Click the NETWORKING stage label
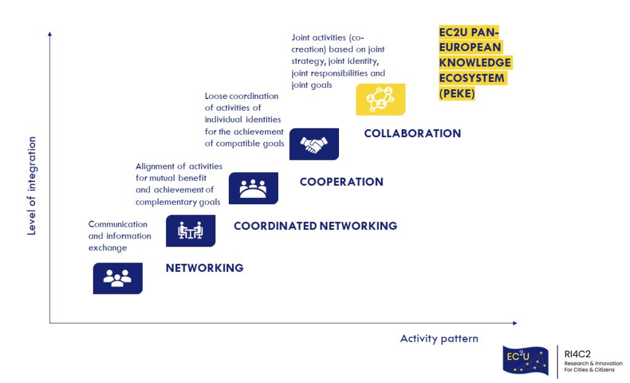204,268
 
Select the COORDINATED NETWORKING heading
315,226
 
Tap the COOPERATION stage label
341,182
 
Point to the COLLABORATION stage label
412,133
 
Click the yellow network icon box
380,99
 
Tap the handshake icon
314,144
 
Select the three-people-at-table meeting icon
253,188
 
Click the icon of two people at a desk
191,231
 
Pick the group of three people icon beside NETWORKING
118,278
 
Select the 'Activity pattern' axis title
439,339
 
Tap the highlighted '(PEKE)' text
457,94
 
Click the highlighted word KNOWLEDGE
474,63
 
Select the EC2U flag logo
526,360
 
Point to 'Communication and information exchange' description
119,236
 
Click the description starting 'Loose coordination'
244,120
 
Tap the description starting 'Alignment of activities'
178,184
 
